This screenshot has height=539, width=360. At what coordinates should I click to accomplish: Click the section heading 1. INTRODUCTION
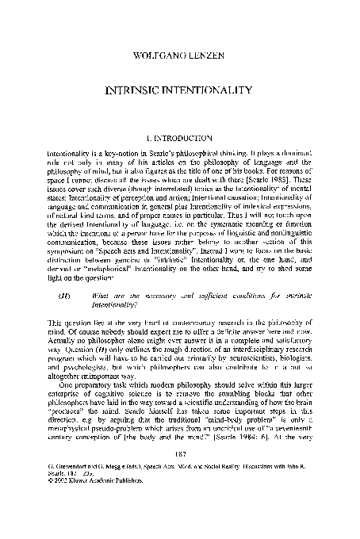(180, 138)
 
